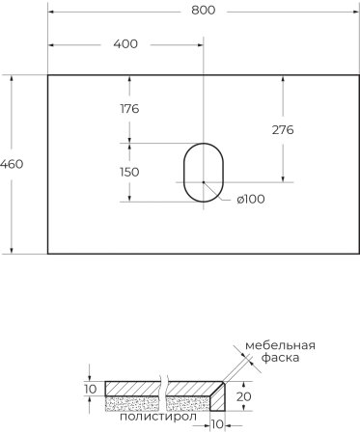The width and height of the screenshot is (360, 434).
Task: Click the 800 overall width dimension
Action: [203, 11]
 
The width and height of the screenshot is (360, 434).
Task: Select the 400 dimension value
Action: [125, 43]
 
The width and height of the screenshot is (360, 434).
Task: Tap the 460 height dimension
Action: [13, 163]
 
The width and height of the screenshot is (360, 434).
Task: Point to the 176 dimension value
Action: [129, 108]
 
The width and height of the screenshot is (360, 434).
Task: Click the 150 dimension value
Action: [129, 172]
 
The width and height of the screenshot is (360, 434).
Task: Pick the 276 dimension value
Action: [282, 129]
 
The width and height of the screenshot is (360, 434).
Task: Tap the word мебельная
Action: [280, 344]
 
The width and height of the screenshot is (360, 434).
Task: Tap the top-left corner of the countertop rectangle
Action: [47, 73]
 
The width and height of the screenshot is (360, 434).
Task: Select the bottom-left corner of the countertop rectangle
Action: [47, 254]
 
